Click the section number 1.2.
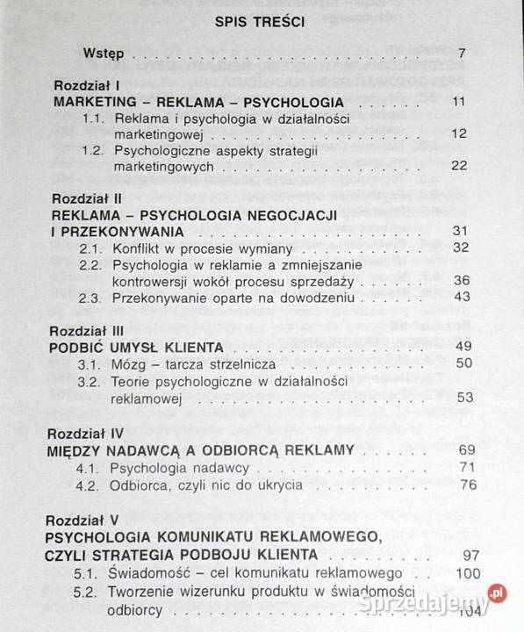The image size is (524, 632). (95, 150)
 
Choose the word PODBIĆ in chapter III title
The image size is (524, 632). (84, 347)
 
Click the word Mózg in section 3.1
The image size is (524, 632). (128, 363)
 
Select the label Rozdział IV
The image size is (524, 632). (90, 433)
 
